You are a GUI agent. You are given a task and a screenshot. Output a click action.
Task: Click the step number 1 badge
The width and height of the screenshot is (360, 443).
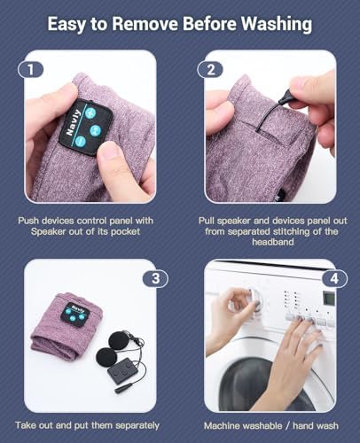[31, 70]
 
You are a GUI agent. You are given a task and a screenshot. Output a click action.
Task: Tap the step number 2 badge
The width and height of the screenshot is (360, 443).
[210, 70]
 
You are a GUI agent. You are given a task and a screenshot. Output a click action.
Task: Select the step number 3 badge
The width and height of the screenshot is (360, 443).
[155, 278]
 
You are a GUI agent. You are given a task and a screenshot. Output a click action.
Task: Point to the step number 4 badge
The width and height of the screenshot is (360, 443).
[334, 278]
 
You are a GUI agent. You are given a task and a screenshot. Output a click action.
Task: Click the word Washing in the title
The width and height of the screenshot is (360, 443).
[277, 24]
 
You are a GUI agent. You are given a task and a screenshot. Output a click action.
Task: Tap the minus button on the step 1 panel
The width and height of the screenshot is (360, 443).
[80, 142]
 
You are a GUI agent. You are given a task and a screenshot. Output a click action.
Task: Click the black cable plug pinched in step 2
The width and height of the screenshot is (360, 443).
[286, 97]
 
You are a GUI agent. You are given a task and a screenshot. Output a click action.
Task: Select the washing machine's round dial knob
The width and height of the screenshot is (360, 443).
[254, 298]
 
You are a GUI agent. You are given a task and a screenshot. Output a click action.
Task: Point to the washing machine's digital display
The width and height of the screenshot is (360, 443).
[329, 299]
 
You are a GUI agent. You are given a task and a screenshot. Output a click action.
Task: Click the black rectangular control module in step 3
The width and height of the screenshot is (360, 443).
[121, 371]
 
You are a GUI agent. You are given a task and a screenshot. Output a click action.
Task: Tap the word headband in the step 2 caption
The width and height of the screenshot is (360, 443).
[272, 242]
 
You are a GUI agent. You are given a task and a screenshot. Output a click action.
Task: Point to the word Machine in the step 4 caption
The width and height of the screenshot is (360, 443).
[221, 425]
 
